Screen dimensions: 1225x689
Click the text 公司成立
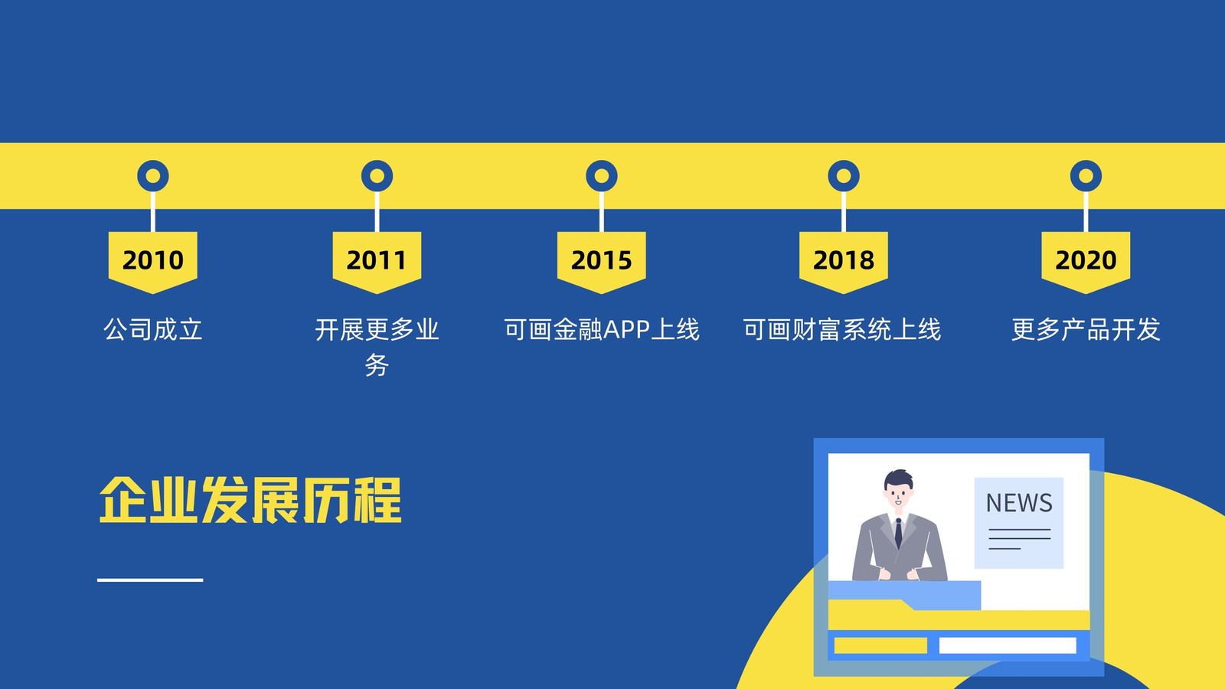[x=153, y=330]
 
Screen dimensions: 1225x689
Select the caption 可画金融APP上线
[x=602, y=330]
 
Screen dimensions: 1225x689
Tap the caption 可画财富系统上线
[x=842, y=330]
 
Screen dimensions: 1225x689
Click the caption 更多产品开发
[x=1086, y=330]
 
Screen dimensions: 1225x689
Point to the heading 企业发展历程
[x=250, y=501]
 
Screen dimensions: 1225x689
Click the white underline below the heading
[x=150, y=580]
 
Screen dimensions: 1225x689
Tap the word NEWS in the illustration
[x=1019, y=503]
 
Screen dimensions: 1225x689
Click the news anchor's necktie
[x=899, y=534]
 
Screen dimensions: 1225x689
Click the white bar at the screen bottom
[x=1008, y=645]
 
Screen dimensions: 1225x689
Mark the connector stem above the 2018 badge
[x=843, y=211]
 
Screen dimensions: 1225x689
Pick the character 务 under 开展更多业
[x=377, y=364]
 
